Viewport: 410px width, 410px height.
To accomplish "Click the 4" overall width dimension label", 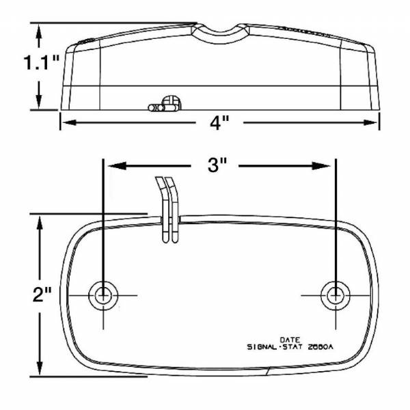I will coord(219,124).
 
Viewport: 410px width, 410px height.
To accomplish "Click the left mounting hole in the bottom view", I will coord(104,295).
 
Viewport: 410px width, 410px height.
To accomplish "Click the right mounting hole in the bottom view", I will coord(335,295).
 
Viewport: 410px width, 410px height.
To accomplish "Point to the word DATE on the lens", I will coord(289,338).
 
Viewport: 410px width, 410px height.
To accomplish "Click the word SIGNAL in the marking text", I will coord(261,346).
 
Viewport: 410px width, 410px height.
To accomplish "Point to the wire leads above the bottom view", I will coord(168,205).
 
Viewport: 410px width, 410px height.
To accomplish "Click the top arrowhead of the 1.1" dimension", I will coord(40,29).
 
